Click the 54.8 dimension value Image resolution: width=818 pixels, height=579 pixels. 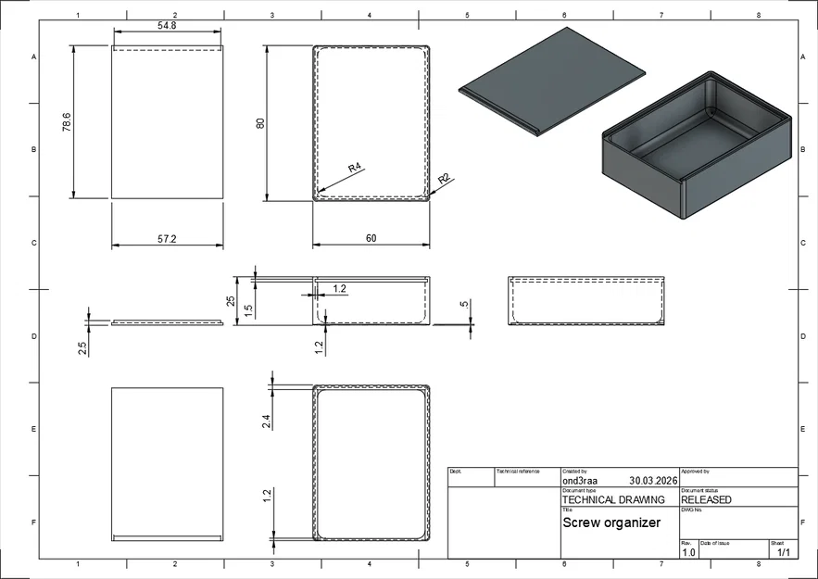[168, 26]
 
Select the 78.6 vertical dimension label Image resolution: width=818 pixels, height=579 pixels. [67, 122]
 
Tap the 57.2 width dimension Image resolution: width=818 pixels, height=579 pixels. [167, 239]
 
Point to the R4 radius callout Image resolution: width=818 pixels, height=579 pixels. [354, 168]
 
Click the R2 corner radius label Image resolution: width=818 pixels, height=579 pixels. [444, 178]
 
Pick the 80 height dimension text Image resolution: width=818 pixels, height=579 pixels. [261, 122]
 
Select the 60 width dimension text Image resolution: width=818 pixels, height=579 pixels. [371, 239]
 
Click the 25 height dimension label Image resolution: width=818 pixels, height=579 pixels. [232, 301]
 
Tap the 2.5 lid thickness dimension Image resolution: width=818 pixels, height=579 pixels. [82, 348]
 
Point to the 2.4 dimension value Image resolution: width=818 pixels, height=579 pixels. [267, 422]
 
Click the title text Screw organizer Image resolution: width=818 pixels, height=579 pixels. [611, 522]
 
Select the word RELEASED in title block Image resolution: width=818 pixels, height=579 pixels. [706, 499]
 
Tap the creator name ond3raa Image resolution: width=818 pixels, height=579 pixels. [581, 481]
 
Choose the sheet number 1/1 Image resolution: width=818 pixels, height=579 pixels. [783, 552]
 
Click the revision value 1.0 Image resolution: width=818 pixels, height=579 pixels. [688, 552]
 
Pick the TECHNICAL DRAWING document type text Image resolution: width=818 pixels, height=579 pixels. [613, 499]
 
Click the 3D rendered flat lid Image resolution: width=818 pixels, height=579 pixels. [552, 81]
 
